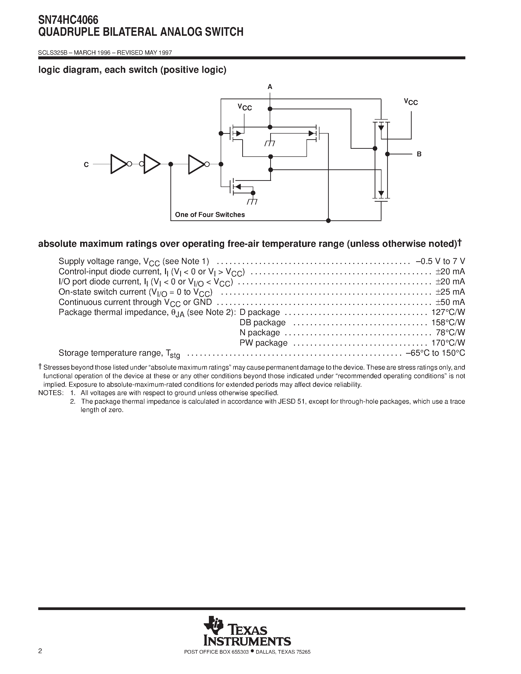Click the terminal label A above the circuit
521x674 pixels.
click(270, 87)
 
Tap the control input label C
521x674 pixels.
click(86, 165)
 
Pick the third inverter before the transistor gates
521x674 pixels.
click(197, 164)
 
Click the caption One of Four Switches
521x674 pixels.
click(210, 214)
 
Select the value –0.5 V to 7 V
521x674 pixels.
click(440, 262)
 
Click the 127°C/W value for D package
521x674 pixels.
click(448, 312)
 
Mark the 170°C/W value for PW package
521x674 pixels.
click(448, 343)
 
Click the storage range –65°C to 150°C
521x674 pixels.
click(435, 353)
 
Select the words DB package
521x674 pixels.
click(262, 323)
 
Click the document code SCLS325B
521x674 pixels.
click(52, 53)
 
